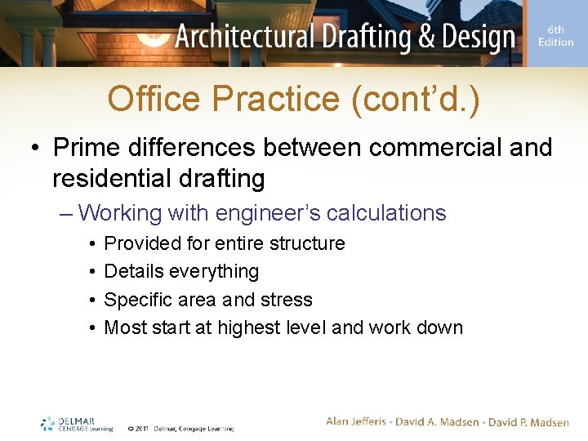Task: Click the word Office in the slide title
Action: click(x=153, y=100)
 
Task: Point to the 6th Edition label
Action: click(x=556, y=37)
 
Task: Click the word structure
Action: click(x=308, y=243)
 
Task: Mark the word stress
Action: click(x=286, y=300)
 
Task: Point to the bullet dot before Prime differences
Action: click(x=36, y=149)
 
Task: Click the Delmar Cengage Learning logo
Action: click(x=77, y=424)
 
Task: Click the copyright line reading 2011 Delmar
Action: click(x=180, y=428)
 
